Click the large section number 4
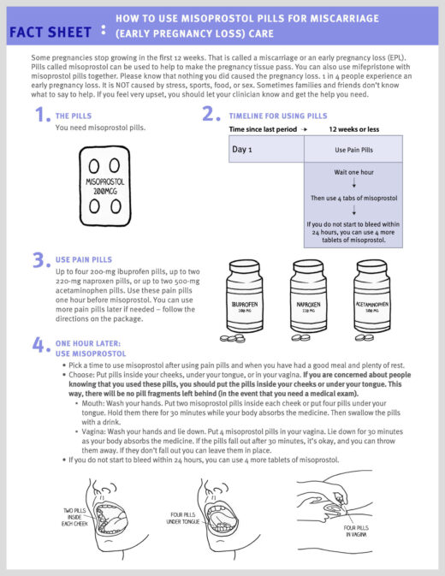(x=40, y=346)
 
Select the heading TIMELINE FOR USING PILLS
(x=277, y=116)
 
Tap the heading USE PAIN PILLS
(x=83, y=259)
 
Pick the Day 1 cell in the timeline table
(x=266, y=149)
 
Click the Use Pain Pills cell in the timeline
(x=353, y=149)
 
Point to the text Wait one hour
(x=353, y=172)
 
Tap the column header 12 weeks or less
(x=353, y=129)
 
